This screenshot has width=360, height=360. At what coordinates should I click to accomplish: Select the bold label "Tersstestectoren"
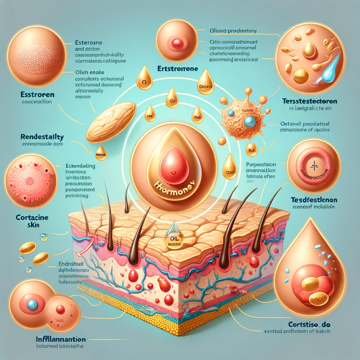coord(310,101)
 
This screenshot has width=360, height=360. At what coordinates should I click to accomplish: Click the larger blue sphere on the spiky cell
coord(250,121)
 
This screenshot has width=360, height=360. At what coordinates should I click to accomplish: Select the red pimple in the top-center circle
coord(177,43)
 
